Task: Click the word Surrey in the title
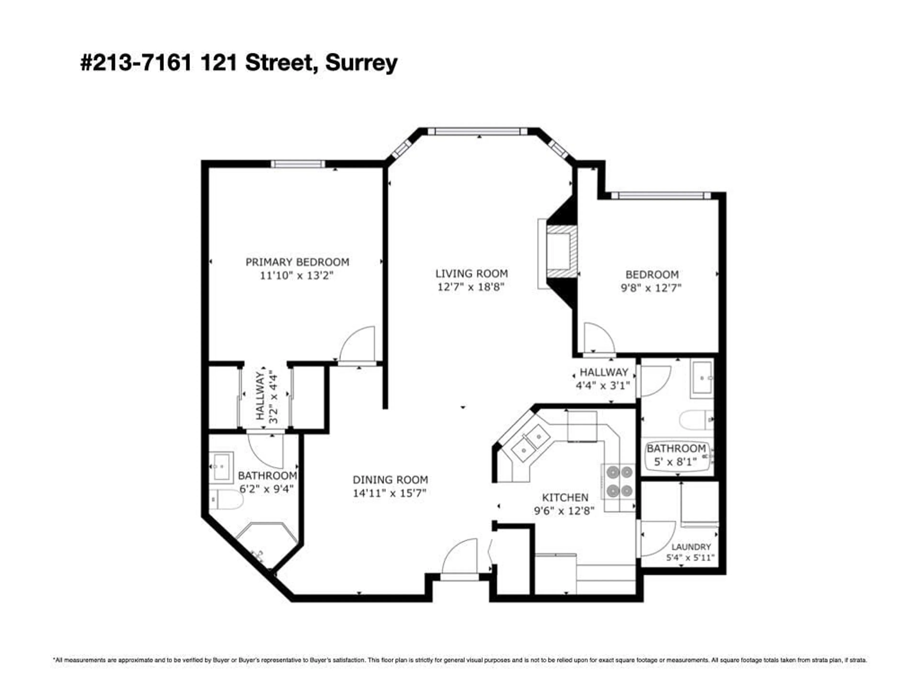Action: [361, 63]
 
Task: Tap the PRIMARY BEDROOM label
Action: [297, 262]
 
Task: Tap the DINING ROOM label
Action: [390, 480]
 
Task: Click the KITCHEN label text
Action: [565, 497]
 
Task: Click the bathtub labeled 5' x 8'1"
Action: [676, 455]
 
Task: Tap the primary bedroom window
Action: [298, 164]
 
